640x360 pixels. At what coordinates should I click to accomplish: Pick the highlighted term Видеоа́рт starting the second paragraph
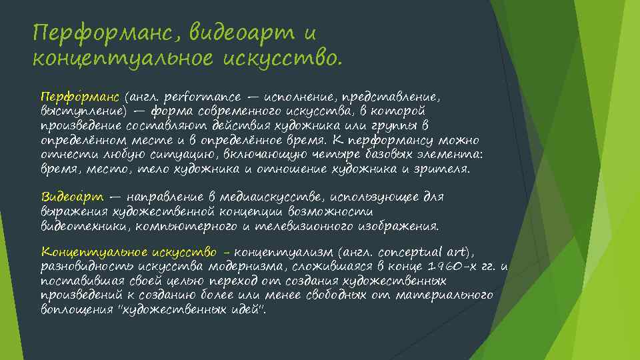[72, 197]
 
